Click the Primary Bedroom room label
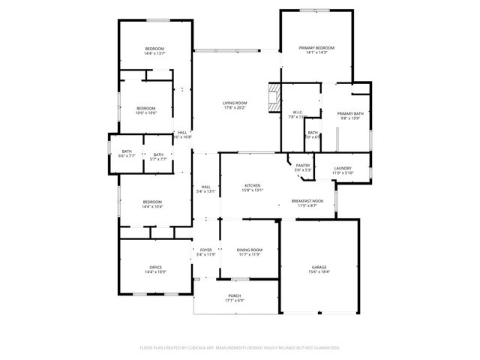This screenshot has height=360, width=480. [x=316, y=48]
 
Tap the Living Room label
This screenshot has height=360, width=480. [x=235, y=103]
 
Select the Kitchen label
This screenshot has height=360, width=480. [x=252, y=185]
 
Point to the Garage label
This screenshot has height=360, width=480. [x=319, y=267]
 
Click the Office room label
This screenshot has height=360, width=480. [x=155, y=268]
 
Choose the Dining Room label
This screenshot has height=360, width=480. [x=250, y=250]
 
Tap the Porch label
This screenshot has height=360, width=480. [x=235, y=296]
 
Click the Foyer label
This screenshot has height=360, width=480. [x=205, y=250]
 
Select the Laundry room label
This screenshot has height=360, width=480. [x=343, y=169]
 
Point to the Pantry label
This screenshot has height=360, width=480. [x=303, y=166]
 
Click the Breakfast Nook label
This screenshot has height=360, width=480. [x=307, y=200]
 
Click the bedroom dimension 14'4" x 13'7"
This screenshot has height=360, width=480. [x=154, y=54]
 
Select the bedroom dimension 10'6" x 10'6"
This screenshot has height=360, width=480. [x=146, y=112]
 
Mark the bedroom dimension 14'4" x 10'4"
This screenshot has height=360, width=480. [x=152, y=206]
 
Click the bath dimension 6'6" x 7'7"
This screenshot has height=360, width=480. [x=126, y=157]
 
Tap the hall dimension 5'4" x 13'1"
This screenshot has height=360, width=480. [x=205, y=191]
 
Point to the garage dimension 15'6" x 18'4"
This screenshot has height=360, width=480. [x=319, y=271]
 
